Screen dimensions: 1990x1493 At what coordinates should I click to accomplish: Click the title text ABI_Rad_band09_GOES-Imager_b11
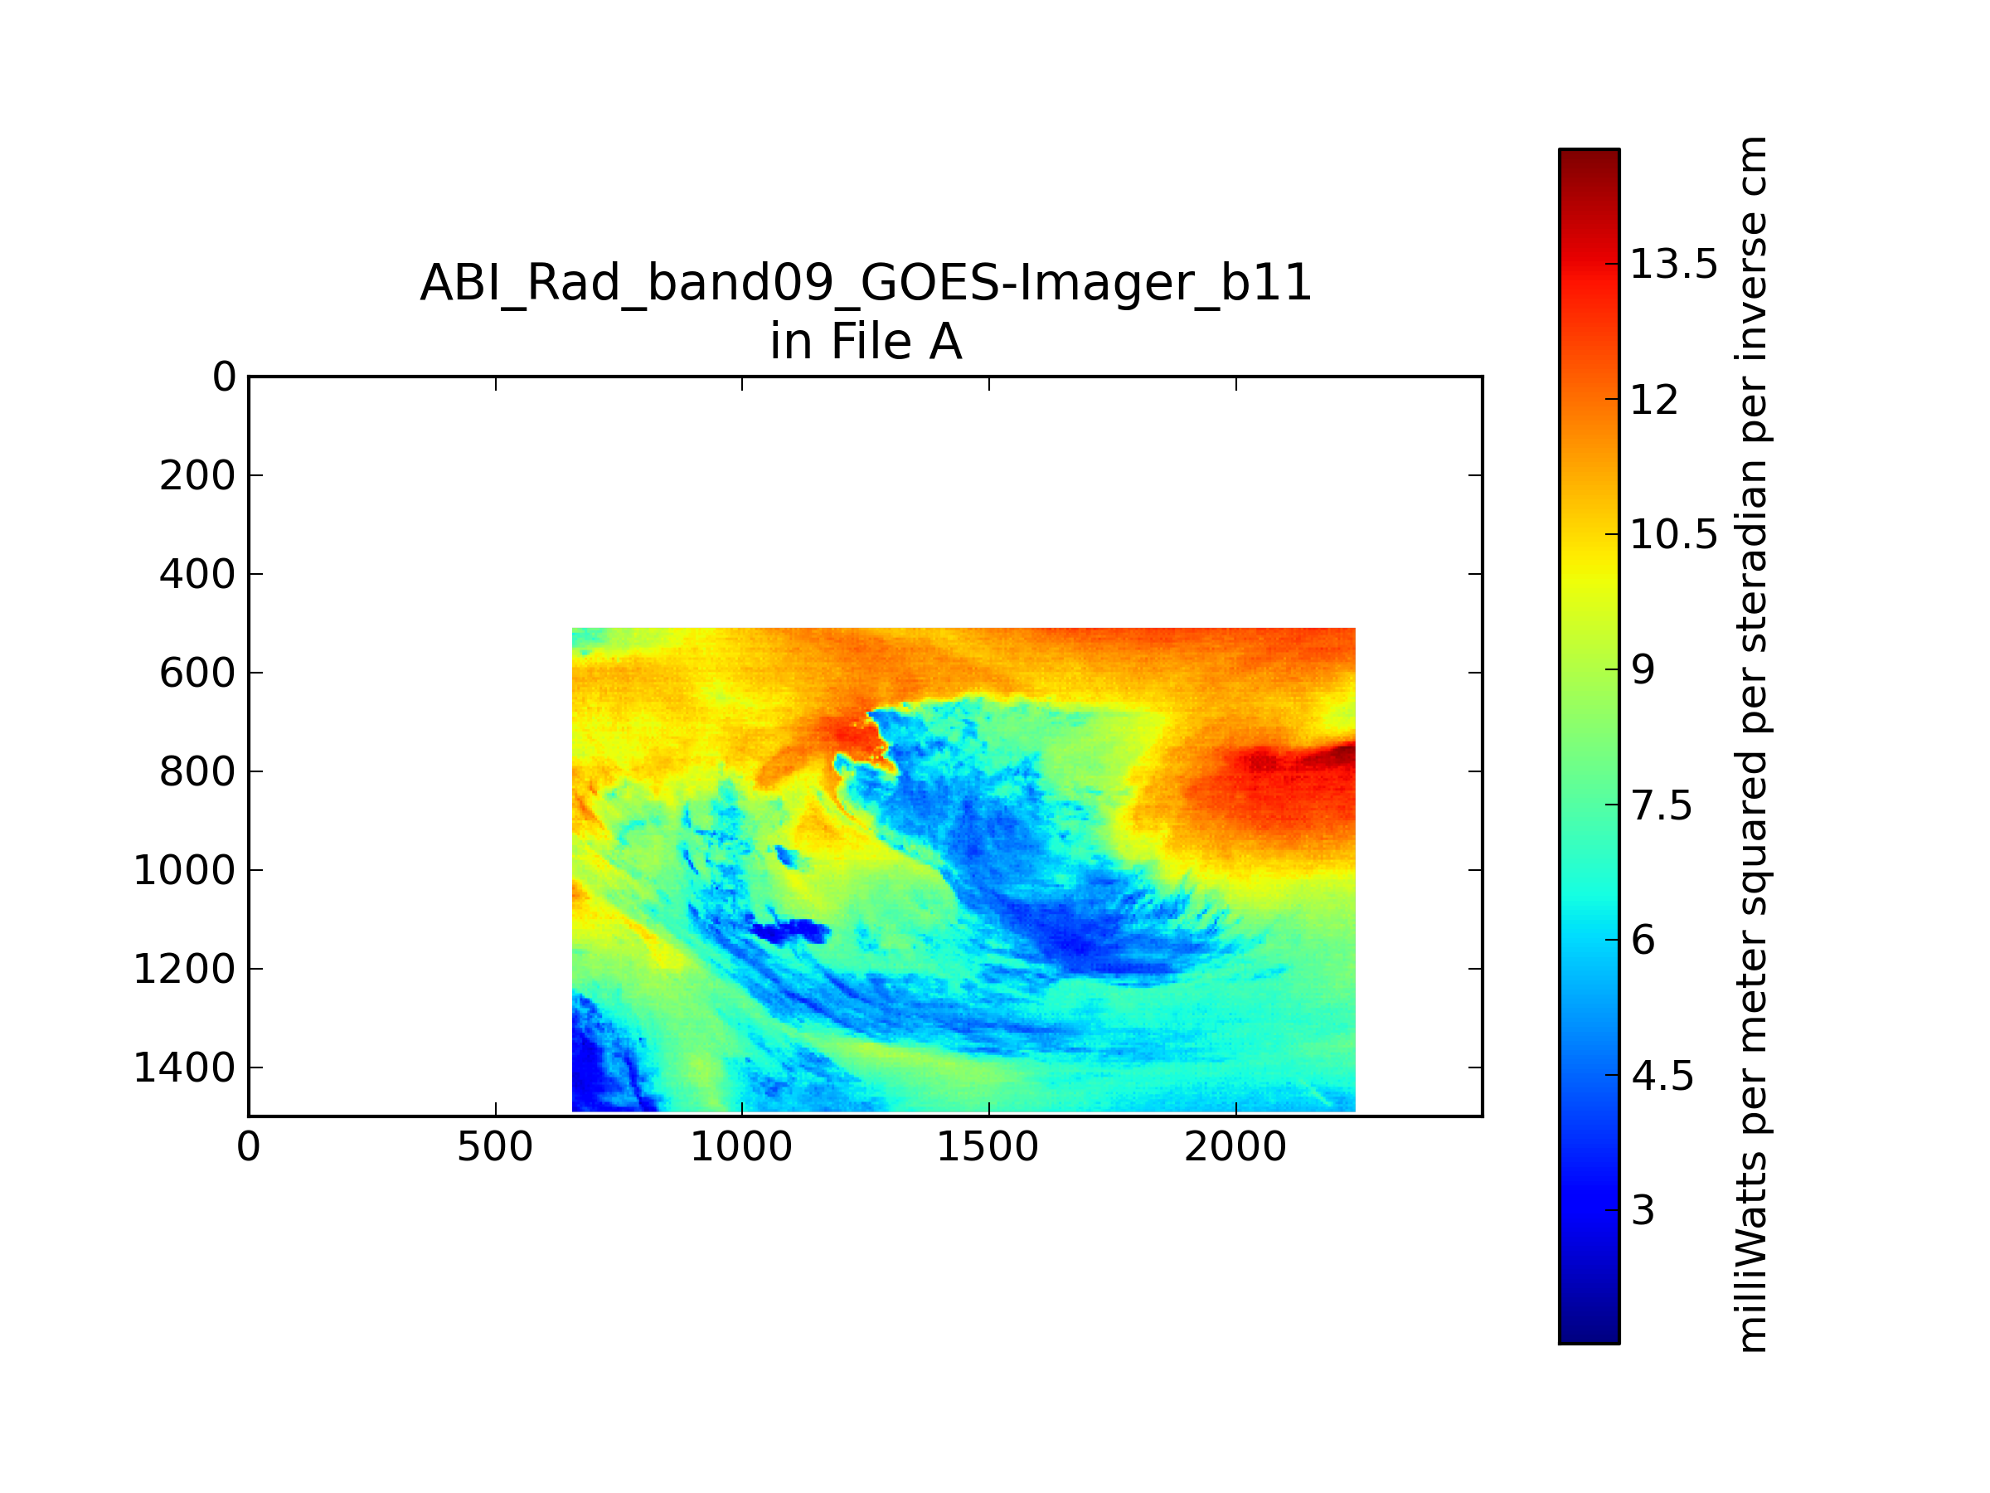pyautogui.click(x=866, y=284)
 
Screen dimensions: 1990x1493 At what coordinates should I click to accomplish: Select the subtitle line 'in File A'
pyautogui.click(x=866, y=342)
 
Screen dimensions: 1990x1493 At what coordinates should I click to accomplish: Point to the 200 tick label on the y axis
pyautogui.click(x=197, y=476)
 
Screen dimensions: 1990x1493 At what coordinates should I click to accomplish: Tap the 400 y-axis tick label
pyautogui.click(x=197, y=574)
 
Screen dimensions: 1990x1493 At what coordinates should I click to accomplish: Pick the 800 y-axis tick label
pyautogui.click(x=197, y=772)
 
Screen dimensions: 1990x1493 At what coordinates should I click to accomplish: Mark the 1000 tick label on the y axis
pyautogui.click(x=184, y=870)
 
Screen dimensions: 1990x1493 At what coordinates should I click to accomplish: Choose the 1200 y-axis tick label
pyautogui.click(x=184, y=970)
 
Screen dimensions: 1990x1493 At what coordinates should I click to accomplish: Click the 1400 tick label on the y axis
pyautogui.click(x=184, y=1068)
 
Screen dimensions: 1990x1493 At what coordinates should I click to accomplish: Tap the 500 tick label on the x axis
pyautogui.click(x=495, y=1147)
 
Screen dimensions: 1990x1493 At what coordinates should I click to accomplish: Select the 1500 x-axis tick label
pyautogui.click(x=988, y=1147)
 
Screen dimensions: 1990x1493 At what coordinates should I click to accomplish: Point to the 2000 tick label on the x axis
pyautogui.click(x=1235, y=1147)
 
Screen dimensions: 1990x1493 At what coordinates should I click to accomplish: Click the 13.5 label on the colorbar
pyautogui.click(x=1673, y=265)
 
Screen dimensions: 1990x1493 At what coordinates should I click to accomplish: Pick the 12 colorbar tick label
pyautogui.click(x=1654, y=400)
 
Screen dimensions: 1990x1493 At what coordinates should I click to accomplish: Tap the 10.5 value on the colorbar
pyautogui.click(x=1673, y=534)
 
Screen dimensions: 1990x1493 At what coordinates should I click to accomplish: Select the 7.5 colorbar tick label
pyautogui.click(x=1662, y=805)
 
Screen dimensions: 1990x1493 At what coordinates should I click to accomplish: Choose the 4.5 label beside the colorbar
pyautogui.click(x=1662, y=1077)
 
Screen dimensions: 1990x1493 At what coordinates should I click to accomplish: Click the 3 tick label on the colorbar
pyautogui.click(x=1643, y=1211)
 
